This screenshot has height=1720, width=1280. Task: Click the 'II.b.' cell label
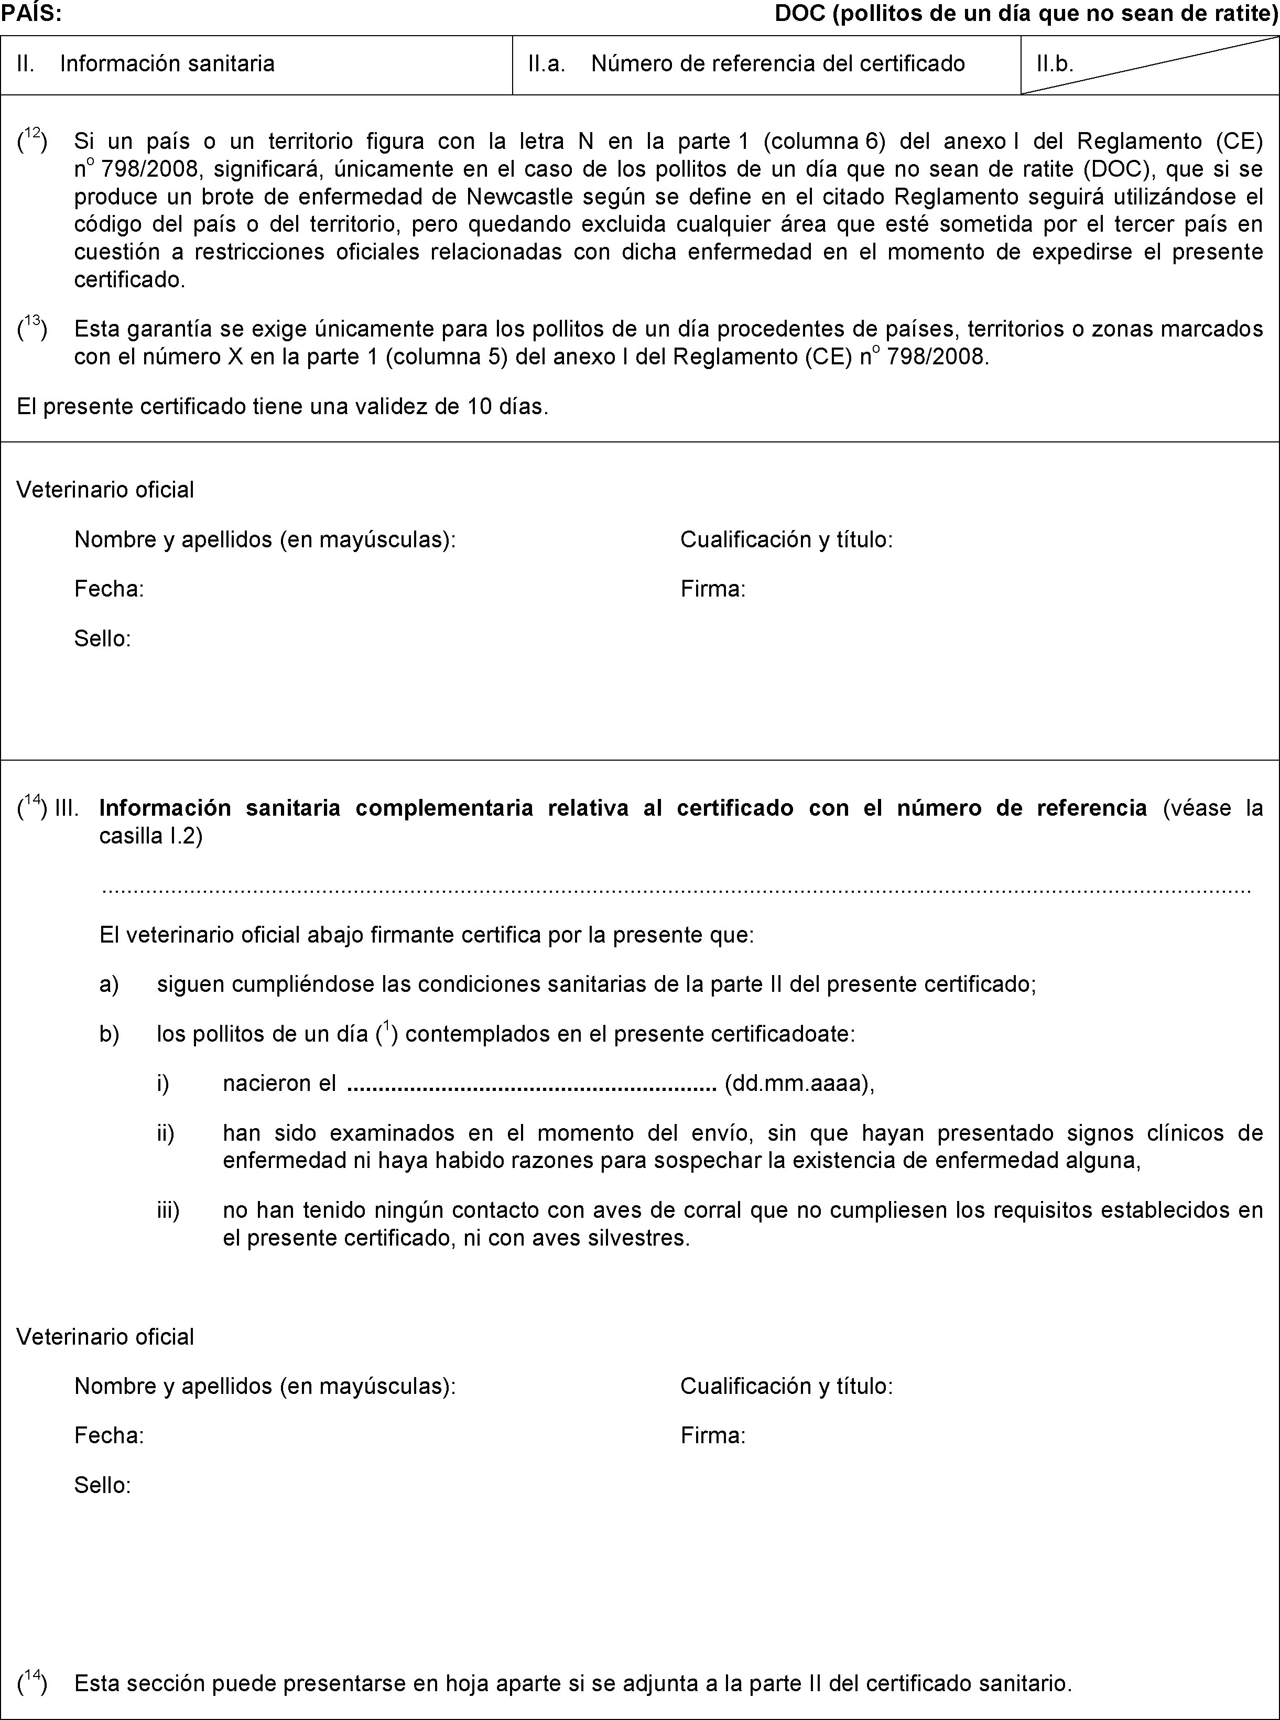pos(1055,63)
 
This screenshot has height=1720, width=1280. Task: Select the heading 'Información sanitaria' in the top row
pos(167,63)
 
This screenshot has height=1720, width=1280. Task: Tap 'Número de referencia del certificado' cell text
pos(778,63)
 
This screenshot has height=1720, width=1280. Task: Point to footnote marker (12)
pos(32,142)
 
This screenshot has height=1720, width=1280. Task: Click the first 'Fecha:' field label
pos(109,590)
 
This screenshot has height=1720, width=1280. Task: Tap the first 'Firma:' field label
pos(713,590)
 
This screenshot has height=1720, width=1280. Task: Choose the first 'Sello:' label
pos(102,639)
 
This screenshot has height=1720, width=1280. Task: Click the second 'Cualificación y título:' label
pos(786,1386)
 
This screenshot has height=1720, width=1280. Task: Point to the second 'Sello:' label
pos(102,1485)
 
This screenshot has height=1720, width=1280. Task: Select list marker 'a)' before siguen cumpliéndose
pos(109,985)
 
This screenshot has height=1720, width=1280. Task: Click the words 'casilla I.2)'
pos(151,837)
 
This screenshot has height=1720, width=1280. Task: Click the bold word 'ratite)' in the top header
pos(1248,14)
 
